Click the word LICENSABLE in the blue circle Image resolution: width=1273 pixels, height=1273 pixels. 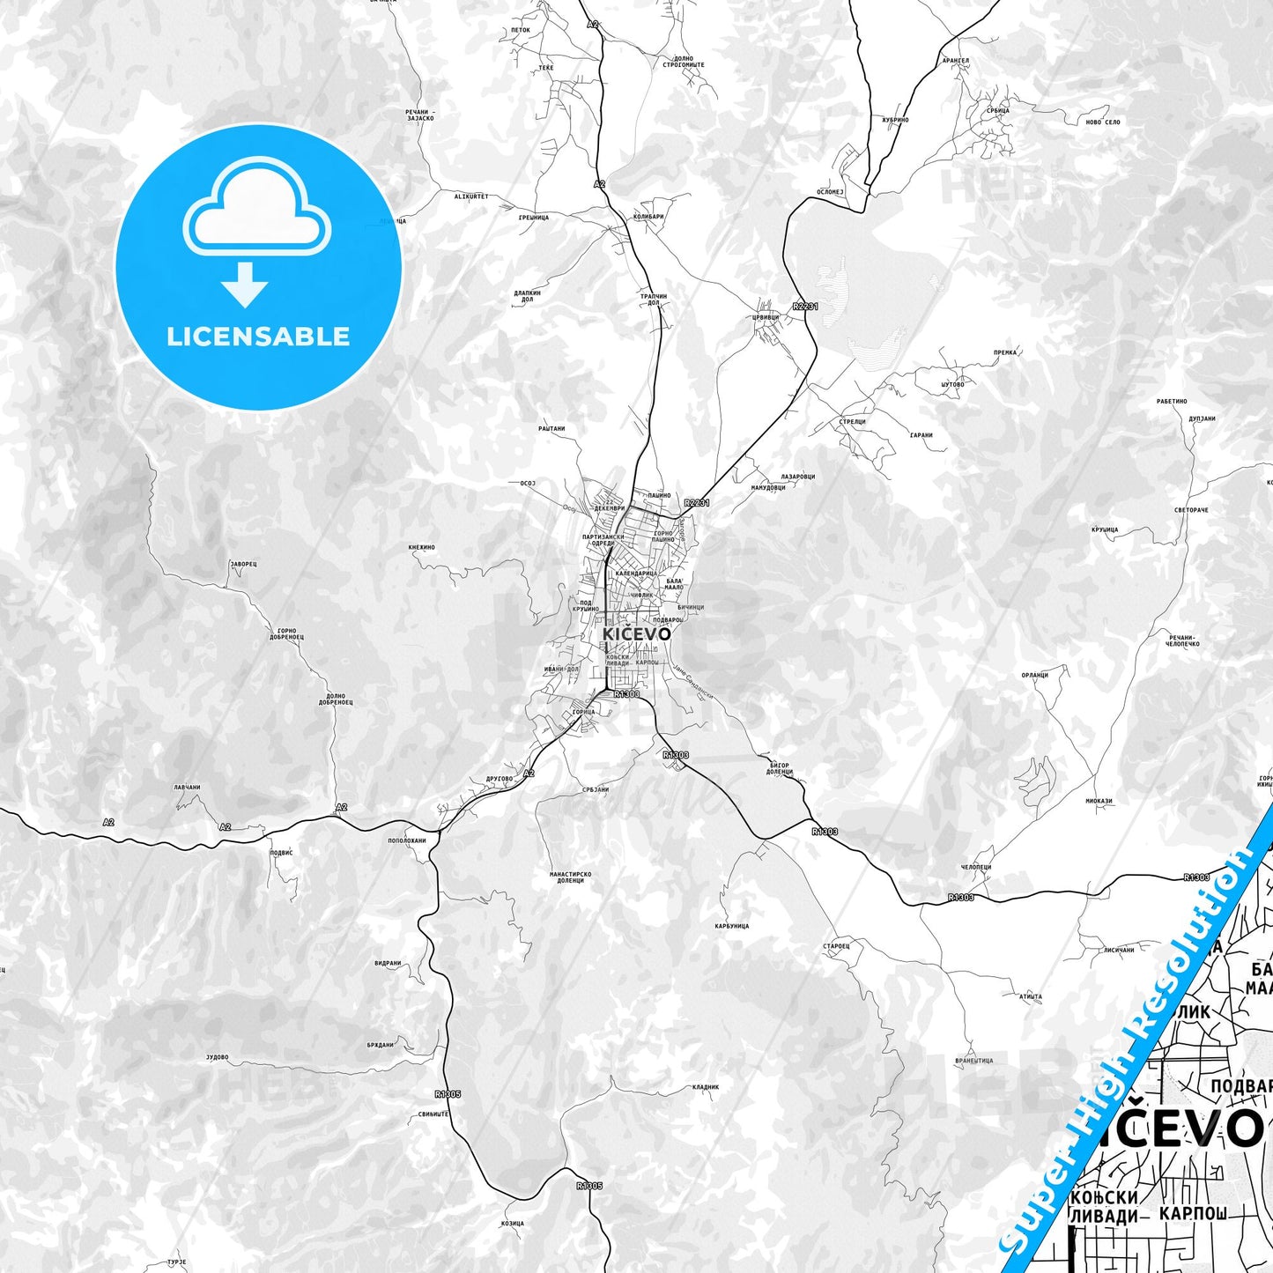[x=258, y=337]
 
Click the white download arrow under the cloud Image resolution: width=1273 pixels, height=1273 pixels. [x=245, y=284]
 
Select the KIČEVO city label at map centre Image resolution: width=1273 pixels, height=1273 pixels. [x=636, y=633]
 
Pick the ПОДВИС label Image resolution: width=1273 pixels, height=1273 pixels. [x=280, y=852]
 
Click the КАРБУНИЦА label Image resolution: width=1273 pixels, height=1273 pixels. [x=731, y=926]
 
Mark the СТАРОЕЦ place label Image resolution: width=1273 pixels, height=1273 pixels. [x=836, y=945]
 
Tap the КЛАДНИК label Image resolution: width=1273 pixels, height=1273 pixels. [x=706, y=1086]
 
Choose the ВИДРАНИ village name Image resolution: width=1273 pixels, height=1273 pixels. [x=388, y=963]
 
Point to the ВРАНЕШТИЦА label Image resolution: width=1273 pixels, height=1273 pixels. [x=973, y=1061]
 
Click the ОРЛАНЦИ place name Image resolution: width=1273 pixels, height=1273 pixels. [x=1034, y=675]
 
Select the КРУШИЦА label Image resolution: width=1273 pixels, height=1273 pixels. [x=1104, y=529]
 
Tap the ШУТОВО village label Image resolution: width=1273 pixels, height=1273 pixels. [x=952, y=384]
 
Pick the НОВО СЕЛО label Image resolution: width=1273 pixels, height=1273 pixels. [x=1102, y=122]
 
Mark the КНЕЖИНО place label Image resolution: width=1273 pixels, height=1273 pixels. [x=422, y=547]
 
